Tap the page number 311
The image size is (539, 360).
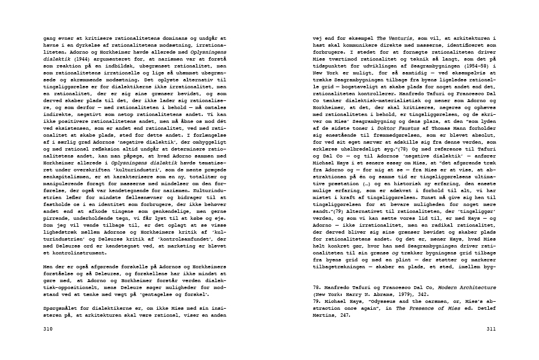click(x=491, y=329)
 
